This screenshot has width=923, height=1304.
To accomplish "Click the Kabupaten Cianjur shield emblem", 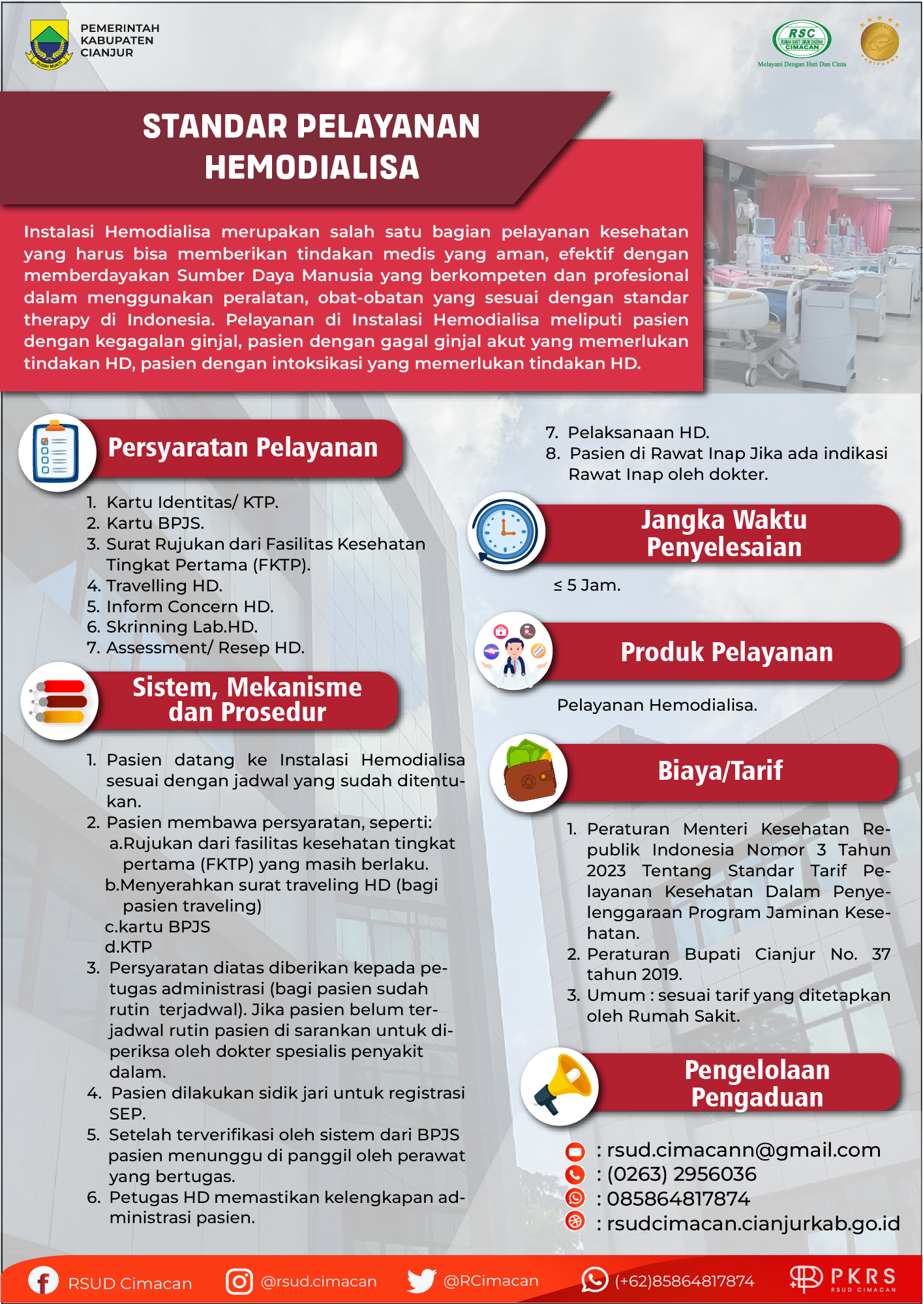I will [x=49, y=44].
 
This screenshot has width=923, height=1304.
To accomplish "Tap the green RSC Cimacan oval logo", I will [x=801, y=40].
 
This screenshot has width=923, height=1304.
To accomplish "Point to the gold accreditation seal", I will [x=879, y=41].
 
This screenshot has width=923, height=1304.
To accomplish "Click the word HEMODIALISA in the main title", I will [x=312, y=167].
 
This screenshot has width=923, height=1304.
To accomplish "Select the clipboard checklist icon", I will [x=57, y=452].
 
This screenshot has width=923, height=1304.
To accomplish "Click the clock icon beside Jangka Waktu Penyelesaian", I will [x=506, y=531].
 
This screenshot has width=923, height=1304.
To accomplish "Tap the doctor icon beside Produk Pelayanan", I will [x=514, y=651].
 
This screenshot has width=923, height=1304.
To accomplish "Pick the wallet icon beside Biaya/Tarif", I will [x=529, y=772].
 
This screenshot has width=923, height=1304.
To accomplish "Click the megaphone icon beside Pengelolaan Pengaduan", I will [x=560, y=1086].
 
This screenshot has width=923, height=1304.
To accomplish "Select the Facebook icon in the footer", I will [x=43, y=1281].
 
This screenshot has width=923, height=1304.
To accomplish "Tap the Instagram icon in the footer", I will [x=239, y=1281].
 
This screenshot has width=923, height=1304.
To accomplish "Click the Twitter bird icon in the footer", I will [x=421, y=1281].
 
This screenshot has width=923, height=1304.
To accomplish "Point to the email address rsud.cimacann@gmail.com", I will [x=744, y=1150].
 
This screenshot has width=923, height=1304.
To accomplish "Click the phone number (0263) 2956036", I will [x=681, y=1174].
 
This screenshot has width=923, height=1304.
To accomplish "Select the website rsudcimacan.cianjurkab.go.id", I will [x=753, y=1223].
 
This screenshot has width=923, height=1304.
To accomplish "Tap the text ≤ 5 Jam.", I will [x=587, y=585].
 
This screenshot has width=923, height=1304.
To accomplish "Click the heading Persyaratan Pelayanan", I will [x=243, y=448].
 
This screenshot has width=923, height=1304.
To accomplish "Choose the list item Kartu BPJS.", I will [x=155, y=523].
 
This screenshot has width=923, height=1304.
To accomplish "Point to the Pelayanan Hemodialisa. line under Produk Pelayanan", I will [x=657, y=705].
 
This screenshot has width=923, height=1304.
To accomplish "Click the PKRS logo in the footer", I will [x=843, y=1279].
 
